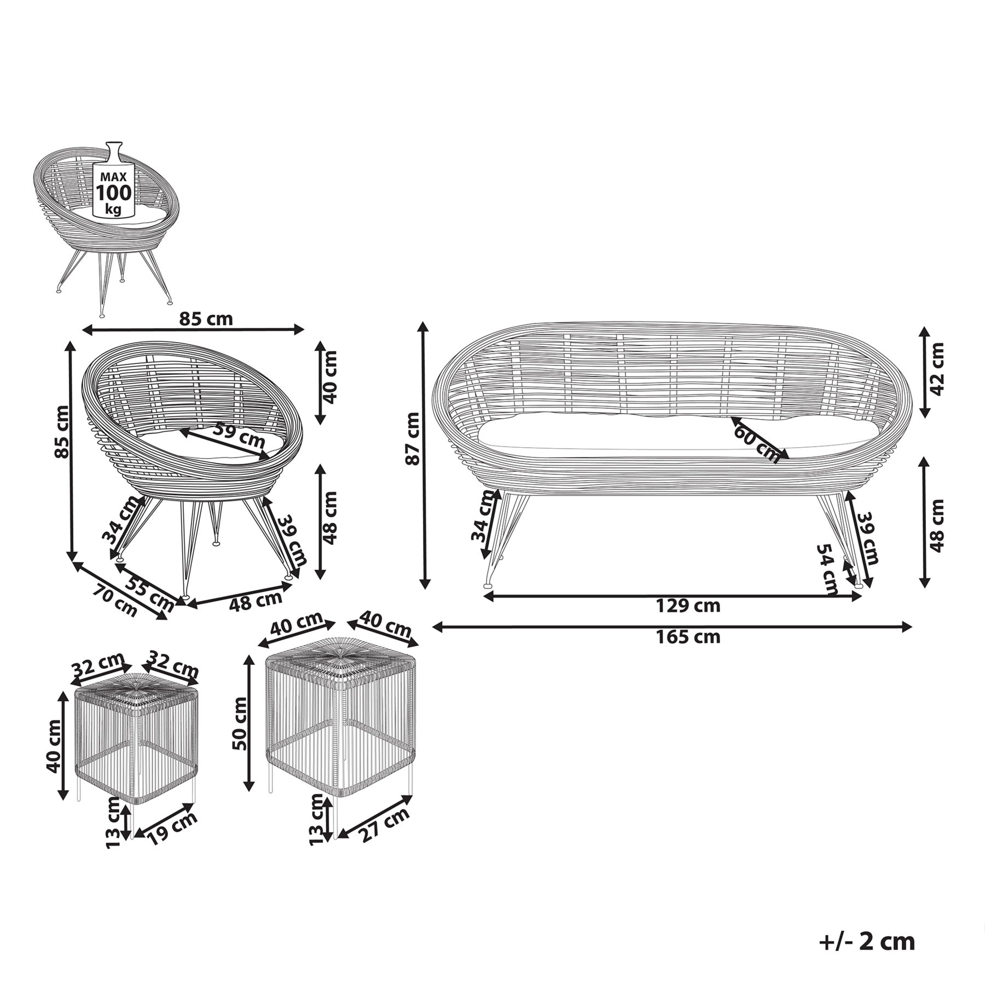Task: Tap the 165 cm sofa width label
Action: [688, 637]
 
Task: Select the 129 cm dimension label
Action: [688, 606]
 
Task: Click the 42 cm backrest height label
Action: [937, 368]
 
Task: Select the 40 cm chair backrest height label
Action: [330, 377]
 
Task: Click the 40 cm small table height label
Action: [53, 745]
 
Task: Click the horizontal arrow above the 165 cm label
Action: [673, 627]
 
